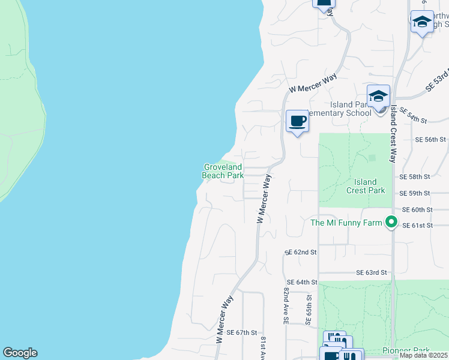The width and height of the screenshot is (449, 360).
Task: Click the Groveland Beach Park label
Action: pyautogui.click(x=223, y=171)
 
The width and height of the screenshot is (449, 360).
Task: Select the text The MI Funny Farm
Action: pyautogui.click(x=346, y=223)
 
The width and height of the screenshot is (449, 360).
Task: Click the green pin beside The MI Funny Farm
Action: pyautogui.click(x=391, y=222)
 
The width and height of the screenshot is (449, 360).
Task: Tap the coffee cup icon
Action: pyautogui.click(x=297, y=122)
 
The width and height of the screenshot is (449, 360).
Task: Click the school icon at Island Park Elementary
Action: pyautogui.click(x=378, y=96)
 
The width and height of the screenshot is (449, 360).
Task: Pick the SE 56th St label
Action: pyautogui.click(x=431, y=139)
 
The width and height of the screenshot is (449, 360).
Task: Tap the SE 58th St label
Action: pyautogui.click(x=415, y=177)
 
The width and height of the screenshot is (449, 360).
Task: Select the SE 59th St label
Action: pyautogui.click(x=415, y=193)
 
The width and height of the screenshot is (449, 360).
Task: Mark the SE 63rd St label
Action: pyautogui.click(x=371, y=272)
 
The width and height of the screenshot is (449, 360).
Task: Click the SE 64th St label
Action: pyautogui.click(x=301, y=282)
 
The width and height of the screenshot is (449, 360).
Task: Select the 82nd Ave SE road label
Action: pyautogui.click(x=286, y=306)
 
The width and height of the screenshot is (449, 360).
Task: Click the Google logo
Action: pyautogui.click(x=20, y=353)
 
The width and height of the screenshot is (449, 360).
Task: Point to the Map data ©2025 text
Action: pyautogui.click(x=423, y=355)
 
